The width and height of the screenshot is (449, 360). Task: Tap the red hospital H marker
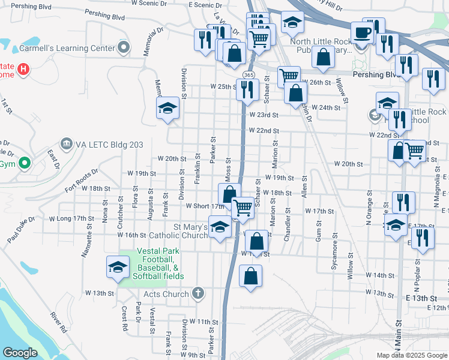pos(23,69)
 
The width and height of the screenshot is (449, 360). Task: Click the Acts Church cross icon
pos(199,294)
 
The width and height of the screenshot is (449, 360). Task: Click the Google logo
pos(20,353)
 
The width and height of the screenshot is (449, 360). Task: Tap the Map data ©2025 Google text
pos(412,355)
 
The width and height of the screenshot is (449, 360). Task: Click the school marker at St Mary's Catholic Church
pos(220,229)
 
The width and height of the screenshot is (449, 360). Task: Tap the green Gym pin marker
pos(24,163)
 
